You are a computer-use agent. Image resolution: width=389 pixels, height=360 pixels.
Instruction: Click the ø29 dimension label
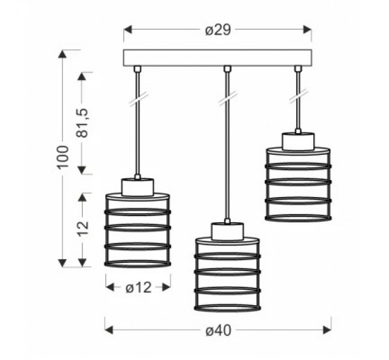coord(218,30)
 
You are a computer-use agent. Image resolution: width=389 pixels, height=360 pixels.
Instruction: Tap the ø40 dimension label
coord(219,330)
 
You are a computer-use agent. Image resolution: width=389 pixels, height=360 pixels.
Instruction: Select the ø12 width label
coord(138,287)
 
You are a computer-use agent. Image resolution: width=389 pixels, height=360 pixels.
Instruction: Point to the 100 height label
coord(62,157)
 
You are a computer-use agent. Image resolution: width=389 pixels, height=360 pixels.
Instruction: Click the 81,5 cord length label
coord(82,123)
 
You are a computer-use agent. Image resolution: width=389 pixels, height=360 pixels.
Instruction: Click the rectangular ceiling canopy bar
coord(217,58)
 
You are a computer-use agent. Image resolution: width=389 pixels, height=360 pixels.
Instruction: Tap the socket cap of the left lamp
coord(137,187)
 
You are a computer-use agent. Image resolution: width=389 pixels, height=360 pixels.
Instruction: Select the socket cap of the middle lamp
coord(227,231)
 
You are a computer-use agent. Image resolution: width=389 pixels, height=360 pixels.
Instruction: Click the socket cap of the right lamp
coord(298,142)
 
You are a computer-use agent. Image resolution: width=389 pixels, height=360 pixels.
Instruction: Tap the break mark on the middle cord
coord(228,98)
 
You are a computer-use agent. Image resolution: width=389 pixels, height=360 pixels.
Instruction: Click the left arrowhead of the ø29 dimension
coord(128,30)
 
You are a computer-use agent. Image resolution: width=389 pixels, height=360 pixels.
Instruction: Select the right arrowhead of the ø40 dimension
coord(327,330)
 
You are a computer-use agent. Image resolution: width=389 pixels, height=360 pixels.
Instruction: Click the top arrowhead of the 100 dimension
coord(62,54)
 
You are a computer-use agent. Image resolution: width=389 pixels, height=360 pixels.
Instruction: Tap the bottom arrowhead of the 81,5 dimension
coord(82,170)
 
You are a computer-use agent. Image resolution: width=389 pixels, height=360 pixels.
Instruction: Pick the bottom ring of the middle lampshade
coord(228,307)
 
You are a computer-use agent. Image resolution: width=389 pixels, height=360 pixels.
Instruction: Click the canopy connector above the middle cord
coord(227,69)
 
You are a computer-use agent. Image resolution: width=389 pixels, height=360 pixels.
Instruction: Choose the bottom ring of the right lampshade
coord(298,218)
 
